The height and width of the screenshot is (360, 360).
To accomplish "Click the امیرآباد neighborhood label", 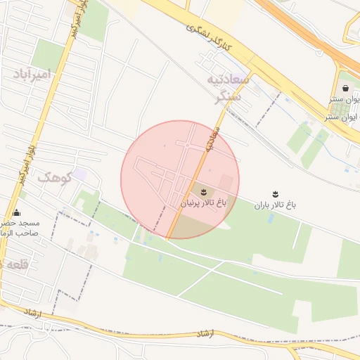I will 34,74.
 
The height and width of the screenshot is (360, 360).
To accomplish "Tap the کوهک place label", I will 56,177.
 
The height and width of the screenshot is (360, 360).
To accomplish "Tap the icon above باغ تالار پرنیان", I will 205,190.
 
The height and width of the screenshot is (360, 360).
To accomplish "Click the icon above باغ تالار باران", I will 275,193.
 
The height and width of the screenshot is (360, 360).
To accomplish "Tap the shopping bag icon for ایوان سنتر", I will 345,88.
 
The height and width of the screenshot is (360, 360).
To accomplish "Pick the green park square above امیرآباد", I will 48,54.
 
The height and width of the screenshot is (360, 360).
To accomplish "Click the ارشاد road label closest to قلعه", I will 34,310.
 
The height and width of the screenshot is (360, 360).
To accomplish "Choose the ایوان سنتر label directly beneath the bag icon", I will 345,100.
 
